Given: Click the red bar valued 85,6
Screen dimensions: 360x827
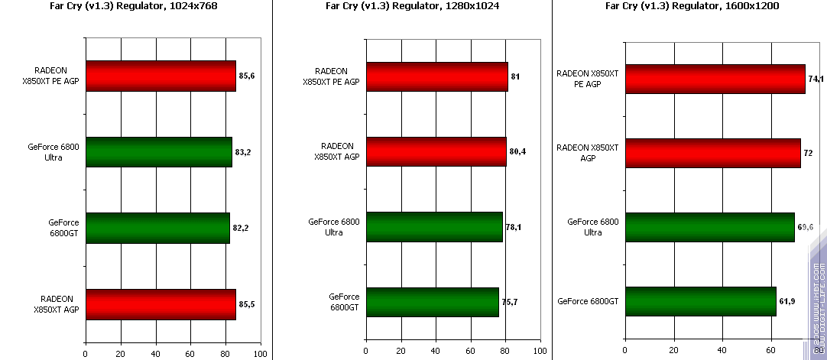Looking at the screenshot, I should point(161,76).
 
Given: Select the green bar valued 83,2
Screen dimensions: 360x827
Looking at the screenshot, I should point(158,152).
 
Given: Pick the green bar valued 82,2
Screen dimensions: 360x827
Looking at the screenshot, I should point(157,228).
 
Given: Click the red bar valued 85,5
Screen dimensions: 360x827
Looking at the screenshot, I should point(161,304).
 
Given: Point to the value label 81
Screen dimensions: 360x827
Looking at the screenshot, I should point(516,77).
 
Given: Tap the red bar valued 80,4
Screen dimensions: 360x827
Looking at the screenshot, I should point(436,151).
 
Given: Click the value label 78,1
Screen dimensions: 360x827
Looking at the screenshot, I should point(513,227).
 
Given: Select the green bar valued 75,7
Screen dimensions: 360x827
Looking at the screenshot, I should point(433,302).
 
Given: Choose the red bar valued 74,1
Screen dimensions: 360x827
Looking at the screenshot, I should point(715,79).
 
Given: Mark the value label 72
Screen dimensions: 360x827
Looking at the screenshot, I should point(808,154).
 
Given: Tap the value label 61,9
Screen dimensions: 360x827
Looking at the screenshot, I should point(788,302).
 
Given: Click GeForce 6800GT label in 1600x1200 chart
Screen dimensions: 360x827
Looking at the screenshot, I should point(589,301).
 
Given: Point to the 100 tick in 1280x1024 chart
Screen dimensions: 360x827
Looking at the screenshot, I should point(540,353).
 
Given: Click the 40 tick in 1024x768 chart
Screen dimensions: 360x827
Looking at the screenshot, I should point(155,353).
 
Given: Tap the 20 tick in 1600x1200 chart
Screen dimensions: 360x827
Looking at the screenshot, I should point(673,353).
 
